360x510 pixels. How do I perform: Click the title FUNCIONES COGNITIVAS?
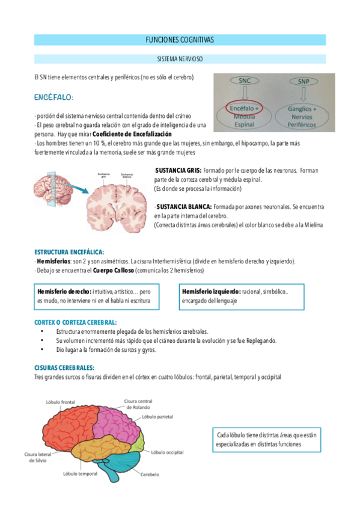(180, 40)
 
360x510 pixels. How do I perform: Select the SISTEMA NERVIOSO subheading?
(180, 60)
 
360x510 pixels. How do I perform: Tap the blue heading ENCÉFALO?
(53, 97)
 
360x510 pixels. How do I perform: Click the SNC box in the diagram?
(245, 80)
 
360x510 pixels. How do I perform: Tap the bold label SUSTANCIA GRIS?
(178, 170)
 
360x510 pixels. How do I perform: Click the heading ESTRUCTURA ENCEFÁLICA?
(69, 252)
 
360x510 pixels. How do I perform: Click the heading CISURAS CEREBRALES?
(64, 367)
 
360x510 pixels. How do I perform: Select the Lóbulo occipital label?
(166, 452)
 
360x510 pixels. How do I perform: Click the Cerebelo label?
(150, 475)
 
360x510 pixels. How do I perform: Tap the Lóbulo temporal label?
(80, 473)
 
